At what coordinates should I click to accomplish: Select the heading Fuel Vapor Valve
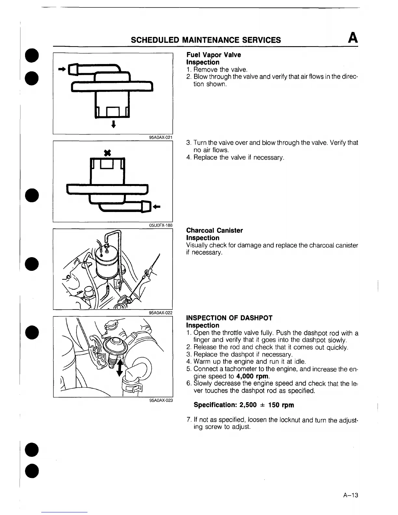(214, 55)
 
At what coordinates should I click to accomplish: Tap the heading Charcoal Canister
(214, 231)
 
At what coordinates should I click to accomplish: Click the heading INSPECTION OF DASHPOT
(229, 318)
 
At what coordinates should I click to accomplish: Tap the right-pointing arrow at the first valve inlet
(61, 69)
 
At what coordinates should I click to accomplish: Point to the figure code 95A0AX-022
(160, 313)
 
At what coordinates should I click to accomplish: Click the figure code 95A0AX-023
(160, 401)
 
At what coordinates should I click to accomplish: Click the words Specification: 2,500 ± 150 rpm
(244, 405)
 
